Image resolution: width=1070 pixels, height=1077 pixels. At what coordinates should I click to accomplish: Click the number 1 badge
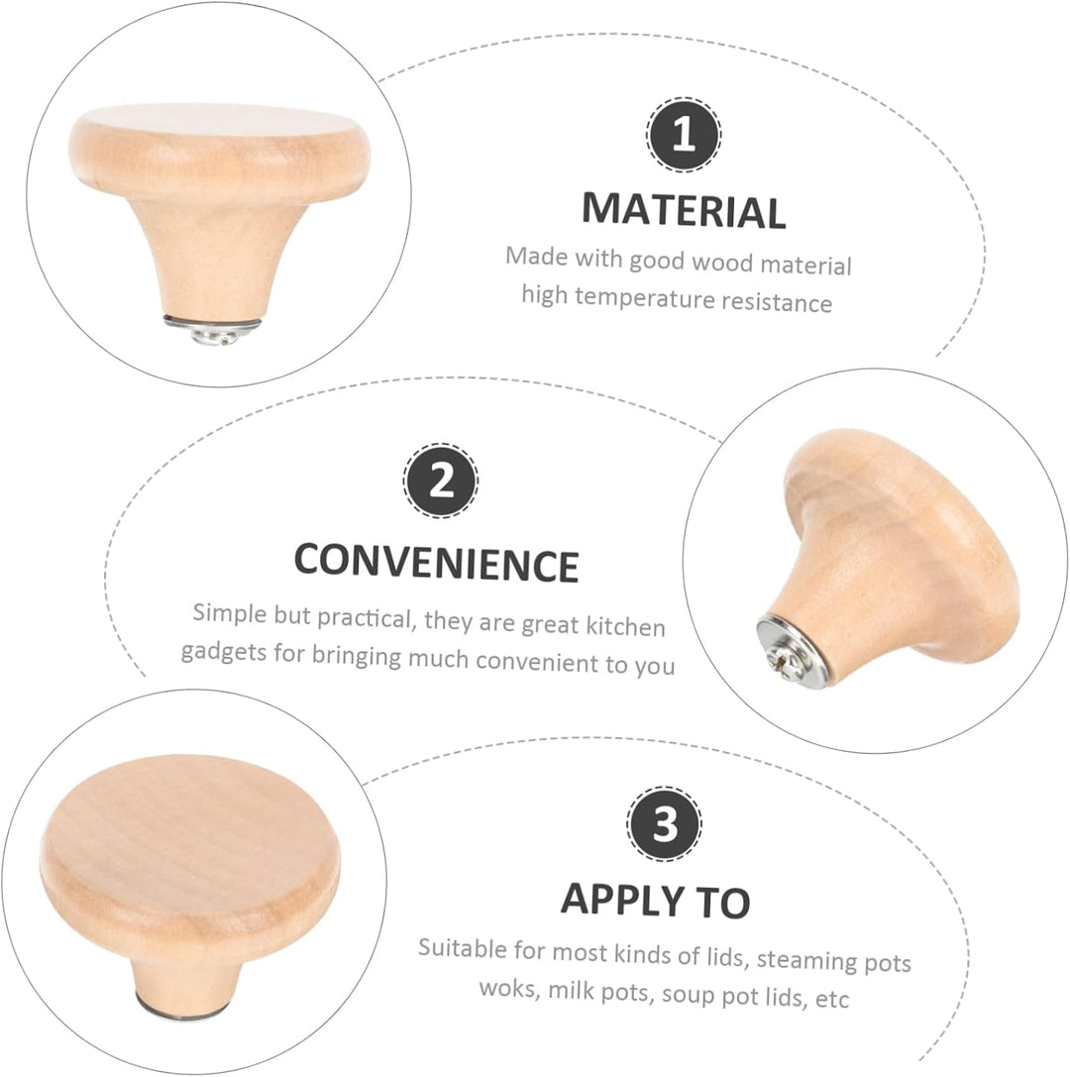pyautogui.click(x=684, y=135)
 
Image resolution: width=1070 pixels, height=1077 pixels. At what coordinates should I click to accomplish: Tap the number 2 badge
pyautogui.click(x=440, y=481)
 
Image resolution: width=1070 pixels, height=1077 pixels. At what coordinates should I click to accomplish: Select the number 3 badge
pyautogui.click(x=664, y=823)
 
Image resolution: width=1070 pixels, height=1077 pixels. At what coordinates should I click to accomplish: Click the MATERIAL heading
pyautogui.click(x=684, y=211)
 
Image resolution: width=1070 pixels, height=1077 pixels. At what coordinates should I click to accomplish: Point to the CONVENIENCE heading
pyautogui.click(x=436, y=563)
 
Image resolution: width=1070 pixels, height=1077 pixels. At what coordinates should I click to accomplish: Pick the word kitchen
pyautogui.click(x=625, y=626)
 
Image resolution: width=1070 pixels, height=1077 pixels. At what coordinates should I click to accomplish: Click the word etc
pyautogui.click(x=832, y=999)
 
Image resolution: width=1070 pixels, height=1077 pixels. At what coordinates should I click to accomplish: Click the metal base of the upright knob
pyautogui.click(x=213, y=328)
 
